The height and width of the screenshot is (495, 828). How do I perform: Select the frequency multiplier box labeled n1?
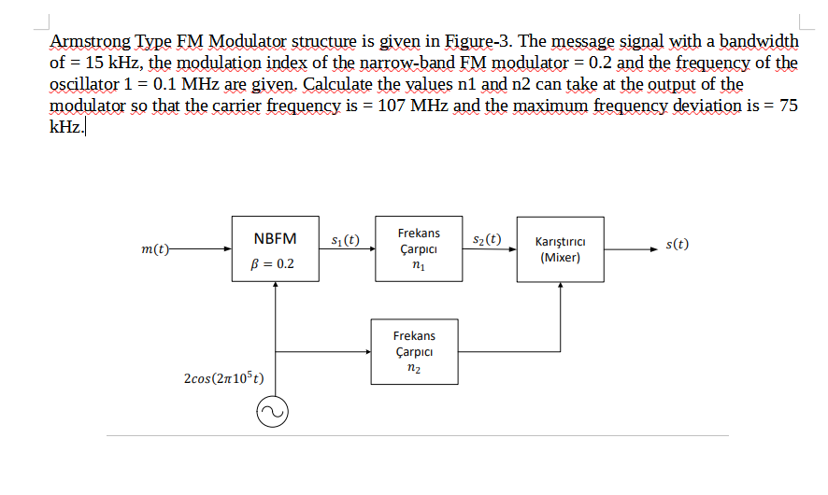pos(418,249)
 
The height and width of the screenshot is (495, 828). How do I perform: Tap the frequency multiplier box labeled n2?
pos(414,351)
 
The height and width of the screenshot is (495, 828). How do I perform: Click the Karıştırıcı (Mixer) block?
pos(560,249)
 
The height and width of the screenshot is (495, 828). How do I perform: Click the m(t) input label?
pos(152,249)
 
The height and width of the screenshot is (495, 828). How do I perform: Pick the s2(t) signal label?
pos(487,239)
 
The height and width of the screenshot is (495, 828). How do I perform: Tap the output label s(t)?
pos(678,245)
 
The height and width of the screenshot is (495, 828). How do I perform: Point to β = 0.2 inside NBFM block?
pos(274,263)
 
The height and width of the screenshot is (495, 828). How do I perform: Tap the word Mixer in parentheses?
pos(560,258)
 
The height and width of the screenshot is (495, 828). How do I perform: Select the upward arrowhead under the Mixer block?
pos(560,285)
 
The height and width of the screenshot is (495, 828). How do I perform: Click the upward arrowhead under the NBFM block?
pos(275,285)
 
